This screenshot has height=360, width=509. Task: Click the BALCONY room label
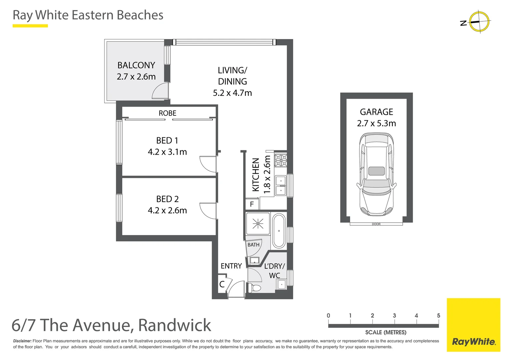pos(136,65)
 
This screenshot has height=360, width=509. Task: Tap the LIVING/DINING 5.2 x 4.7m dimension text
pos(232,93)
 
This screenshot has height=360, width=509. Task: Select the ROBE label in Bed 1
pos(167,113)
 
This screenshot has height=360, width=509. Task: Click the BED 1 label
pos(167,141)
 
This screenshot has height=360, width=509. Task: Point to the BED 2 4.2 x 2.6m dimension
pos(167,211)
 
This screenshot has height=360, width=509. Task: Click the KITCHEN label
pos(255,175)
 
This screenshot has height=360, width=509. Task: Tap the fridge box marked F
pos(252,204)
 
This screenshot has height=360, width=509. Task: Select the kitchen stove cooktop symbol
pos(280,160)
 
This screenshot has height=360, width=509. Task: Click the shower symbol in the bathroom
pos(257,224)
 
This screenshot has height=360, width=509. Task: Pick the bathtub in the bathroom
pos(279,231)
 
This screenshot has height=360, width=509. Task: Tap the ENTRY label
pos(231,266)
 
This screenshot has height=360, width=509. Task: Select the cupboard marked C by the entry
pos(222,284)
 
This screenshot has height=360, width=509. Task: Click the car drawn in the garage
pos(376,174)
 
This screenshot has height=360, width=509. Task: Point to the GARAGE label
pos(376,112)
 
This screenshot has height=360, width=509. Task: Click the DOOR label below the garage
pos(376,224)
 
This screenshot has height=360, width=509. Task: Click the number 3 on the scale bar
pos(394,316)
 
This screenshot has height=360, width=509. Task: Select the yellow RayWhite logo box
pos(473,325)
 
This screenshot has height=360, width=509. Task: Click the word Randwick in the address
pos(175,325)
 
